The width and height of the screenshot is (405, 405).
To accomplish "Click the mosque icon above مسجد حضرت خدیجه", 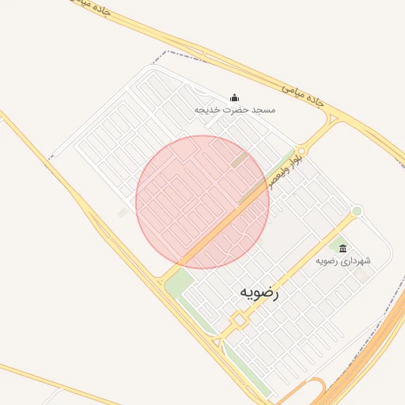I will point(234,97).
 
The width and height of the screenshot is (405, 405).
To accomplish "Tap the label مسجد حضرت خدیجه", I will point(235,110).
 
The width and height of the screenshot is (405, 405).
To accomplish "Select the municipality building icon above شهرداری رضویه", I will point(343,248).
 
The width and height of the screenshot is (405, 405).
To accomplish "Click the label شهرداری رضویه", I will point(343,260).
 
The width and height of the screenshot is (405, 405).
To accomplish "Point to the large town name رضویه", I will point(259,293).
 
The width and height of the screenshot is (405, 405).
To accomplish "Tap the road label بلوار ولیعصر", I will point(283,168).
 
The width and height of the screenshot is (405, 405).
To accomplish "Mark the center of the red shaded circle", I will point(202,202).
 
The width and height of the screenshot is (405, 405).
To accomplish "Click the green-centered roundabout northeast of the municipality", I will point(357,210).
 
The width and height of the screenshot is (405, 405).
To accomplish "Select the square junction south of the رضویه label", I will point(238,319).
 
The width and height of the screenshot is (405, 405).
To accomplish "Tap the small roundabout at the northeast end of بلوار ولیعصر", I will point(302,147).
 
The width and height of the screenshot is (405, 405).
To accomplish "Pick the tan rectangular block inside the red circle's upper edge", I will point(238,161).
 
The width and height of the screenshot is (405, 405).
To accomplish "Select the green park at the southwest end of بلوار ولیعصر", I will point(179,279).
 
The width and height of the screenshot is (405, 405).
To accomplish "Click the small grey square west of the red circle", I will point(122,213).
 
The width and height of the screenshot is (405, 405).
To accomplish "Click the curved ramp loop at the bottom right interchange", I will point(315,389).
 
